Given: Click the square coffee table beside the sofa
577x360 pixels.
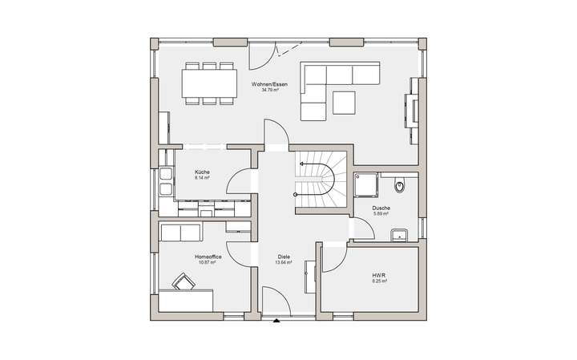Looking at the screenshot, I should point(345,103).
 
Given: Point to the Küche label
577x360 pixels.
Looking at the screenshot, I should point(202,172).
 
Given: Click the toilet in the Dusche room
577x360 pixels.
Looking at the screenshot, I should point(401,186).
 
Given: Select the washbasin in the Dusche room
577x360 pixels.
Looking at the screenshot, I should point(398,235).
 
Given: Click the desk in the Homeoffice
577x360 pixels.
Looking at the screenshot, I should point(185,301).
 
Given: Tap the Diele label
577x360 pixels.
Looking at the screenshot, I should point(283,257).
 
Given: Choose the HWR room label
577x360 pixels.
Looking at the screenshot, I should point(379,276).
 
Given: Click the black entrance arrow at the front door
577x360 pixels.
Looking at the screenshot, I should point(276,322).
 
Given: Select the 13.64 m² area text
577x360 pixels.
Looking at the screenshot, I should point(283,262).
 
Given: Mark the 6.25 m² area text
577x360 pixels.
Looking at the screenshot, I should point(379,281).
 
